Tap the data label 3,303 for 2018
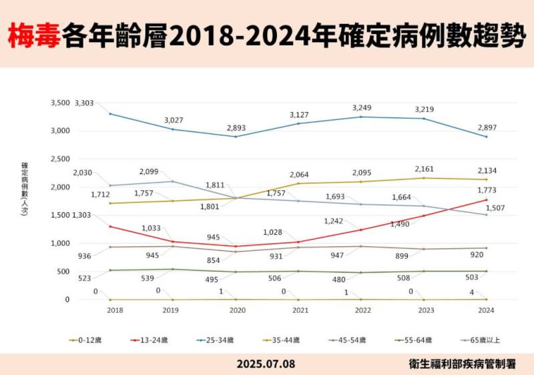click(x=84, y=103)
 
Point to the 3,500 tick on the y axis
click(x=61, y=103)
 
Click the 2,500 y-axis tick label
click(x=61, y=159)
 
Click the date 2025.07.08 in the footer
click(x=266, y=364)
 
